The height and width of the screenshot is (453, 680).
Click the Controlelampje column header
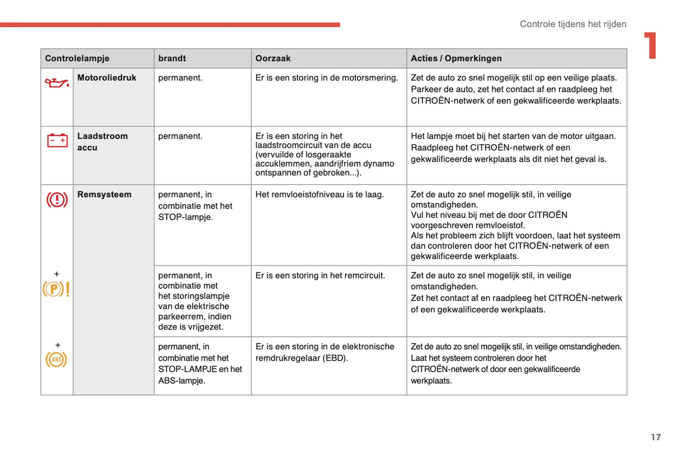(x=77, y=58)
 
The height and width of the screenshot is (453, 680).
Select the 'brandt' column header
(x=172, y=58)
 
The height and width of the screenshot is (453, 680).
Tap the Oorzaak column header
(x=273, y=58)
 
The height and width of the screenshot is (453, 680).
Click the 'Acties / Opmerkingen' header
(x=456, y=58)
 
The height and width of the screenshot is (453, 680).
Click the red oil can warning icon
(x=57, y=83)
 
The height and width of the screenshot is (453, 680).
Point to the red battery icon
(x=57, y=140)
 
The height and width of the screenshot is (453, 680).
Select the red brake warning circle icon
(x=57, y=200)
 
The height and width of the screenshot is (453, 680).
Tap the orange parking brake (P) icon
(x=56, y=289)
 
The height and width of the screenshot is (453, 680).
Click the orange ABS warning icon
(x=56, y=359)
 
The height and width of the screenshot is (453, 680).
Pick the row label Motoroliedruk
(x=107, y=78)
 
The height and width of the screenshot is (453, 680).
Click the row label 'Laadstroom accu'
(x=102, y=142)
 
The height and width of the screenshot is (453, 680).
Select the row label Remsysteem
(x=104, y=194)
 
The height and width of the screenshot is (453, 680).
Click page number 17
(x=656, y=437)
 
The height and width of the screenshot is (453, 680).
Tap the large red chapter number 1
(x=651, y=46)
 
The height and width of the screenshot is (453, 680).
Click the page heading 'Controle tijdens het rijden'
(x=573, y=24)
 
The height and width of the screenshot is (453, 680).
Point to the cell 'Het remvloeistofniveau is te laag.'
(x=320, y=194)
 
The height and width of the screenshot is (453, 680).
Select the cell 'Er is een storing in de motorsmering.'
(x=327, y=78)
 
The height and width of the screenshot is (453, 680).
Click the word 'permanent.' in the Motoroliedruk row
(x=180, y=78)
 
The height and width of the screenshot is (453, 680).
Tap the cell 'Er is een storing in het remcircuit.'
(x=320, y=275)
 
